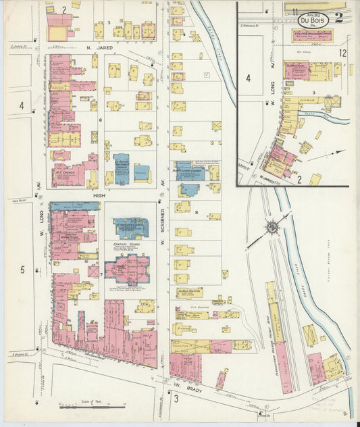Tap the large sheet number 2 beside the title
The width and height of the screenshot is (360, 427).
pos(338,18)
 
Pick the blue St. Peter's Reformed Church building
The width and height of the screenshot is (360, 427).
pos(122,169)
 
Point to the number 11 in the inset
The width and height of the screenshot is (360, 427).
pos(296,11)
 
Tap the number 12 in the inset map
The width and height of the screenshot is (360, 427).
pos(343,53)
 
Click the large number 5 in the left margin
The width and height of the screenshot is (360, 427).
pos(22,270)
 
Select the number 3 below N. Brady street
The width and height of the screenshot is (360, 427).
pos(176,399)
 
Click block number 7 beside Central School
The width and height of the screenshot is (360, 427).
pos(101,275)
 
